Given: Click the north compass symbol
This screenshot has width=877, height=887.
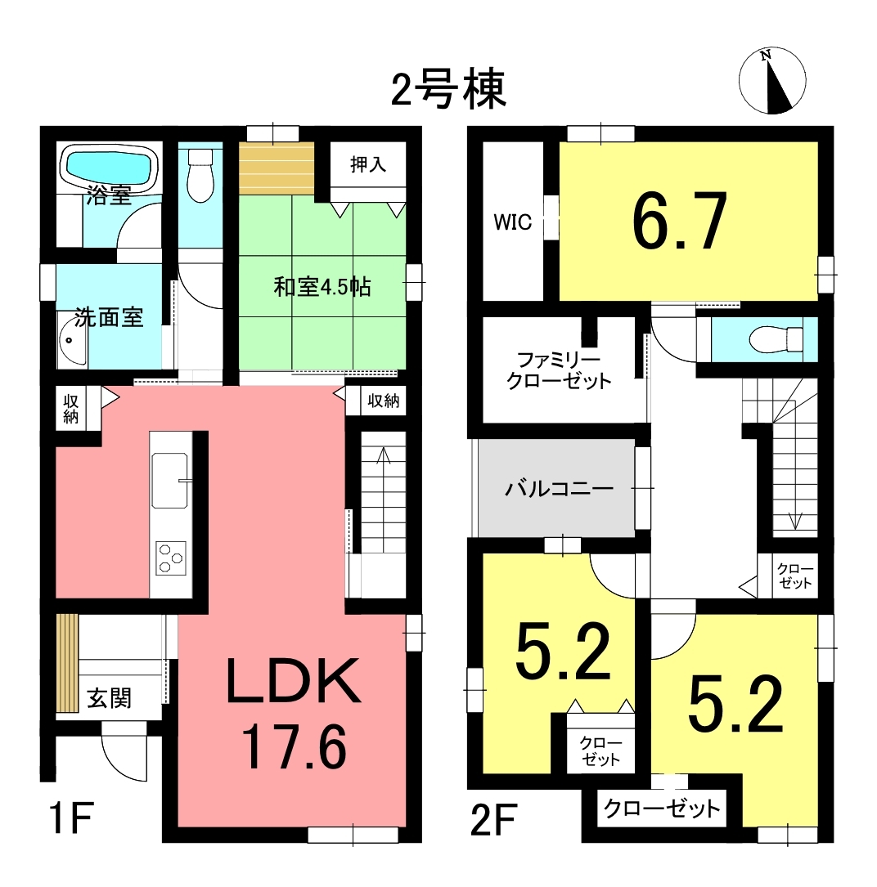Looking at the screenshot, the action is point(771,81).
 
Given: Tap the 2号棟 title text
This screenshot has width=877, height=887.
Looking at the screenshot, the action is point(447,89).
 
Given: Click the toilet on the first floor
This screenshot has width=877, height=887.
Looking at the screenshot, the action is point(200,174).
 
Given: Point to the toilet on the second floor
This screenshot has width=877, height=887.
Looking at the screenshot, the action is point(776,339).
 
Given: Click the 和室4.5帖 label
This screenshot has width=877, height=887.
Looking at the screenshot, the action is point(322,287).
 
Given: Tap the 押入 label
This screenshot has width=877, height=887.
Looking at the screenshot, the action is point(368,164).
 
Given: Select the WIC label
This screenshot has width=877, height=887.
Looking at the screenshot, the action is point(513,222).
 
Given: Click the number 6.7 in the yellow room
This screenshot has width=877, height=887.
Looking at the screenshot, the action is point(679,220).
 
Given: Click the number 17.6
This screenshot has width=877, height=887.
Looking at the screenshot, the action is point(294,747).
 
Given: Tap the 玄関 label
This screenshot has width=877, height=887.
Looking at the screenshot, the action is point(110,698).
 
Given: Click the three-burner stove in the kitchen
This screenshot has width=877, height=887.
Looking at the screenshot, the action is point(171,558).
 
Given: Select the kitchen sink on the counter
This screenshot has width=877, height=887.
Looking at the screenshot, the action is point(169,480).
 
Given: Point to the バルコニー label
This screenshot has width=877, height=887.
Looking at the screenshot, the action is point(559,487).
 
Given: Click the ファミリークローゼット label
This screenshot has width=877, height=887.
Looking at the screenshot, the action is point(559,370).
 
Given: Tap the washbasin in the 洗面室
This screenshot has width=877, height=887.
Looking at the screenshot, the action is point(73,340).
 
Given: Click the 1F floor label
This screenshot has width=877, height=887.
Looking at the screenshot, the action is point(70,818).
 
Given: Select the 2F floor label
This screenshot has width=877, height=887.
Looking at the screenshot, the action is point(493,820).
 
